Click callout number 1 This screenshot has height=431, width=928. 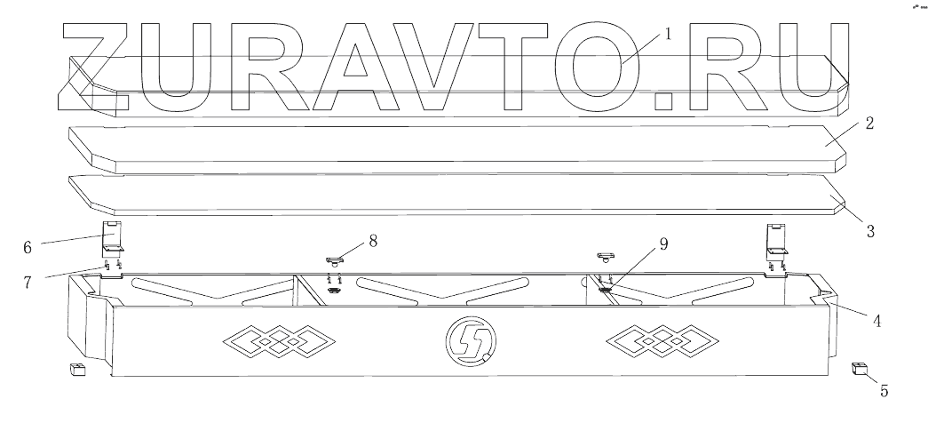click(x=669, y=36)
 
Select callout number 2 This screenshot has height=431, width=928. click(x=870, y=124)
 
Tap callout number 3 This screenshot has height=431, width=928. click(x=870, y=232)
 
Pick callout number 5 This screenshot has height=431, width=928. click(x=883, y=389)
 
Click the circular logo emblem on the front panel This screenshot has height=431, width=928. click(x=470, y=339)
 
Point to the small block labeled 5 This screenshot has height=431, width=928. click(x=859, y=369)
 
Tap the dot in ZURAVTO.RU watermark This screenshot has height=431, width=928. click(x=668, y=100)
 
